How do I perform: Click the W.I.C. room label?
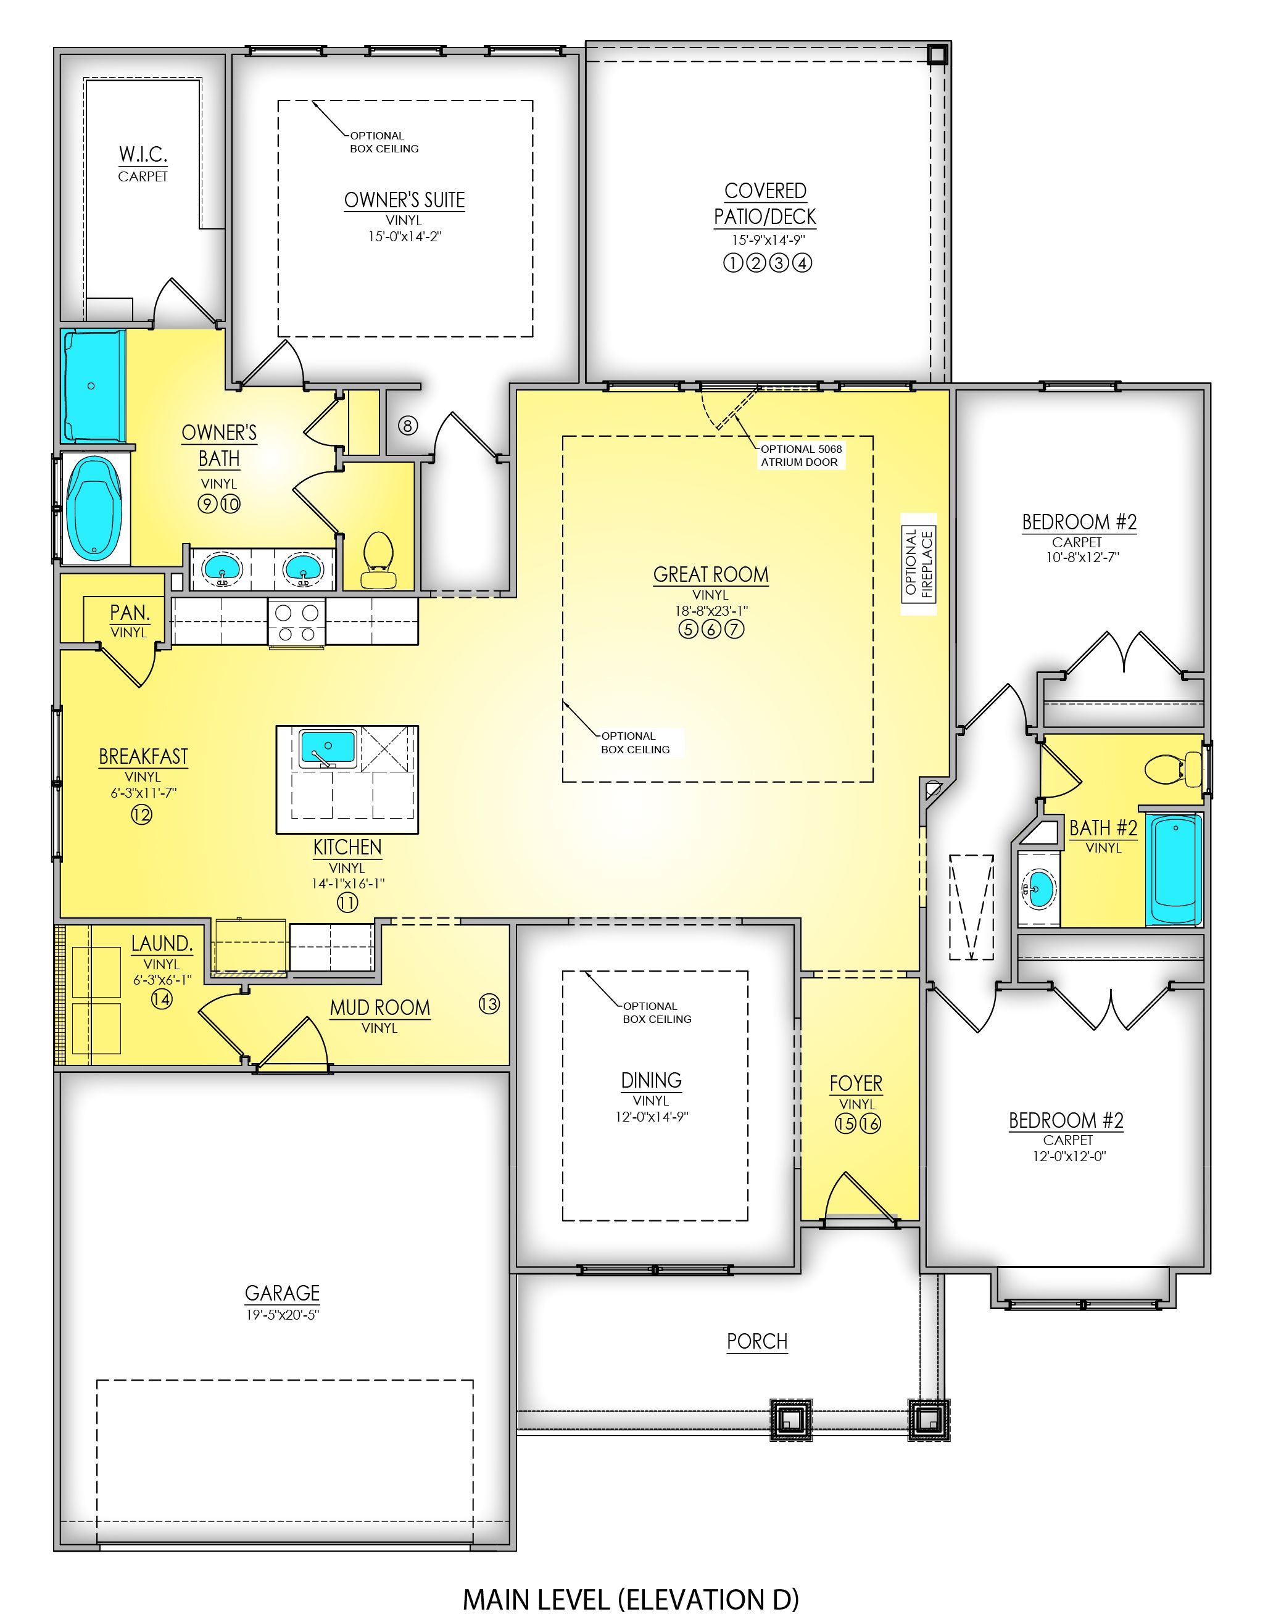pyautogui.click(x=143, y=154)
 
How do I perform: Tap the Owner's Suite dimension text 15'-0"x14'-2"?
pyautogui.click(x=405, y=237)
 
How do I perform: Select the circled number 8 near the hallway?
pyautogui.click(x=408, y=425)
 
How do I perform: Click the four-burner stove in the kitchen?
pyautogui.click(x=296, y=622)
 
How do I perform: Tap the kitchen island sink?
pyautogui.click(x=328, y=747)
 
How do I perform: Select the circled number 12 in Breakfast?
pyautogui.click(x=142, y=815)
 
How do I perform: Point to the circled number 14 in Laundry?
pyautogui.click(x=161, y=999)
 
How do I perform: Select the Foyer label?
pyautogui.click(x=856, y=1083)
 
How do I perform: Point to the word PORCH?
pyautogui.click(x=756, y=1341)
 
